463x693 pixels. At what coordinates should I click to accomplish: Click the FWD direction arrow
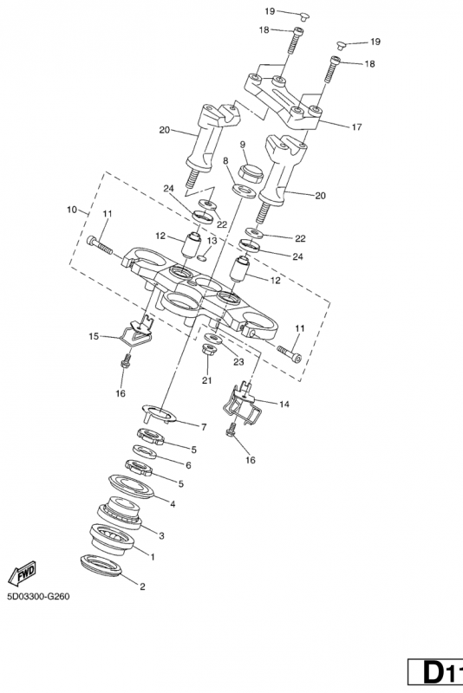click(23, 573)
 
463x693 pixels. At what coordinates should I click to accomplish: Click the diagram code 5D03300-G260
click(38, 597)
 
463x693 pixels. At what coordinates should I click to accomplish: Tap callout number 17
click(356, 127)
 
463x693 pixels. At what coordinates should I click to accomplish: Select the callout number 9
click(242, 145)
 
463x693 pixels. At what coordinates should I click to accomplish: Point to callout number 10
click(72, 210)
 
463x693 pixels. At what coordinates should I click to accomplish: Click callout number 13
click(212, 241)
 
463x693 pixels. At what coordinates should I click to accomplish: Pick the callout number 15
click(94, 336)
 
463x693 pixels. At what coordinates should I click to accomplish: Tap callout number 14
click(284, 404)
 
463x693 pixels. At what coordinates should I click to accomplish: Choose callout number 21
click(207, 379)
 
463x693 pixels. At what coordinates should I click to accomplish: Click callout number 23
click(238, 362)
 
